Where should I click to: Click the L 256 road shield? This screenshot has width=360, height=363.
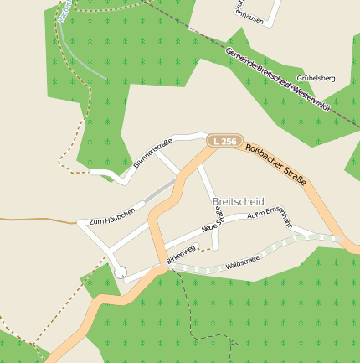pyautogui.click(x=222, y=142)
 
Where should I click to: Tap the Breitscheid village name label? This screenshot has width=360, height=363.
pyautogui.click(x=239, y=202)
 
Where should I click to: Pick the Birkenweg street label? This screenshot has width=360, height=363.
pyautogui.click(x=180, y=255)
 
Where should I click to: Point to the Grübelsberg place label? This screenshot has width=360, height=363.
pyautogui.click(x=316, y=78)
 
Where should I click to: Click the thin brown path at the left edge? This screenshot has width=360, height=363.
pyautogui.click(x=33, y=220)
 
